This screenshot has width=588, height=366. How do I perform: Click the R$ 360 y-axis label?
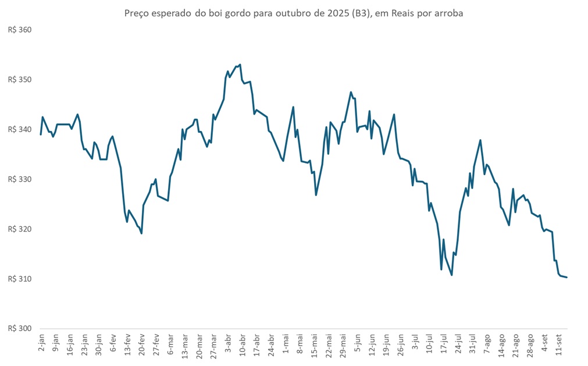(19, 30)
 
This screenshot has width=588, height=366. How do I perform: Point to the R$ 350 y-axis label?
(19, 80)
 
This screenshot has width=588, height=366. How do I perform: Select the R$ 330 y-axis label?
(19, 179)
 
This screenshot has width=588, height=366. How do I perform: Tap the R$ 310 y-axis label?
(19, 279)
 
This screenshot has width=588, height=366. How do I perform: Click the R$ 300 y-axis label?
(19, 329)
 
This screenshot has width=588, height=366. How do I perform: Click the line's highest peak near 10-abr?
(240, 65)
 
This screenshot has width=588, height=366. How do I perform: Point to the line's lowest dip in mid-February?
(142, 233)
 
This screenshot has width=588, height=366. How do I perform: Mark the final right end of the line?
(566, 277)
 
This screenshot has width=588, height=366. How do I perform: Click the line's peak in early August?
(480, 140)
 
